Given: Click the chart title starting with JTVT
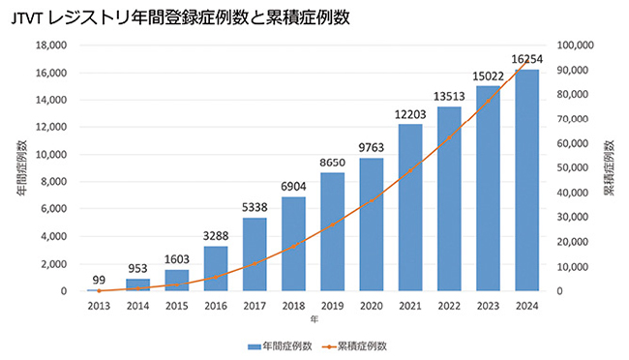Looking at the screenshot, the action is pos(181,18).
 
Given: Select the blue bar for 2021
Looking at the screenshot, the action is pos(410,207).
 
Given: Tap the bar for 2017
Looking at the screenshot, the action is pos(255,255).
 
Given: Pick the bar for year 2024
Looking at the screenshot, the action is pos(526,180).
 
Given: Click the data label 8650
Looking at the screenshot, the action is pos(332,163).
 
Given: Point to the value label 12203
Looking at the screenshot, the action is pos(410,115).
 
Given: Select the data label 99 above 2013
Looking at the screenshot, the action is pos(99,280).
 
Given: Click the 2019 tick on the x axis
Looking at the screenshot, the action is pos(332,306).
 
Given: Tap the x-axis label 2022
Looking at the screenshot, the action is pos(449,306).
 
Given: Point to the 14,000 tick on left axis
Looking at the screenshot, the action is pos(51,100).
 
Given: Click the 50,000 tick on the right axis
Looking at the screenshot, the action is pos(573,167).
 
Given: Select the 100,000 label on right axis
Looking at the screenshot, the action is pos(575,45).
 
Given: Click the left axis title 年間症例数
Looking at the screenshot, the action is pos(22,168).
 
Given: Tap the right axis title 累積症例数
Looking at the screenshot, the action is pos(610,168).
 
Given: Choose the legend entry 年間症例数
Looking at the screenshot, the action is pos(280,345).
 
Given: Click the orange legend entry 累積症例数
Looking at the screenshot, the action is pos(354,345).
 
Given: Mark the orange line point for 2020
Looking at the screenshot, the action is pos(371,200).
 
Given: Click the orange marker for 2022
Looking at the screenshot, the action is pos(449,137).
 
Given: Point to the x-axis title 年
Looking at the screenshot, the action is pos(314,319).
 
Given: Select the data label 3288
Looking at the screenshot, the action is pos(216,236).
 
